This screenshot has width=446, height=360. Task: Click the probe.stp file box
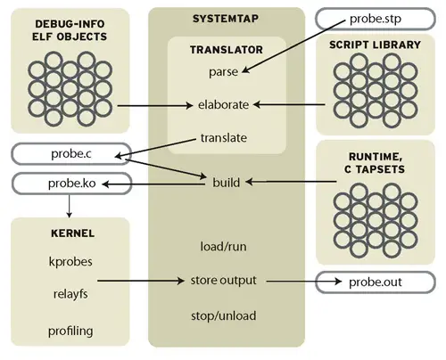point(376,19)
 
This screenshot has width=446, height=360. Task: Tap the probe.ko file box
point(70,184)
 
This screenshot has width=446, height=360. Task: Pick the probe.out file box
point(376,282)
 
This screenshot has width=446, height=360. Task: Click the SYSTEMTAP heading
point(227,19)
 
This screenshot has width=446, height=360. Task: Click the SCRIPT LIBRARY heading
point(375,45)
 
